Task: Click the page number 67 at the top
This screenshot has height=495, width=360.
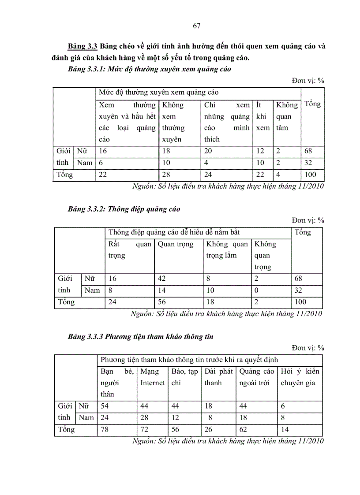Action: click(197, 26)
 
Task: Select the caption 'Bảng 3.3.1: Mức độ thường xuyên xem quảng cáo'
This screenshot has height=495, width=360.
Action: click(150, 70)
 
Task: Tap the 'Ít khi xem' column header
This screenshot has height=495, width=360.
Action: click(262, 116)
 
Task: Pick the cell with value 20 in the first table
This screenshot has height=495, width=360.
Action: click(209, 151)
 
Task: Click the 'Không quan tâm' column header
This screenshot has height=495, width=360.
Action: click(287, 116)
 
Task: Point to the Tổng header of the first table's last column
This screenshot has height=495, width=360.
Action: click(312, 104)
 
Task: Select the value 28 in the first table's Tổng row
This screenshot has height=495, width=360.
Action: click(166, 174)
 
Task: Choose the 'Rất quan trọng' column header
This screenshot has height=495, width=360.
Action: click(130, 249)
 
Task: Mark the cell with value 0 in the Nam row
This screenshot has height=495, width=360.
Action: click(256, 290)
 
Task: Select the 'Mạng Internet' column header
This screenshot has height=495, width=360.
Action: click(152, 377)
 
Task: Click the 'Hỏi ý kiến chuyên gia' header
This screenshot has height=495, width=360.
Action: click(300, 377)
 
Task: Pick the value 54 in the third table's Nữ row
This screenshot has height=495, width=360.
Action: click(105, 406)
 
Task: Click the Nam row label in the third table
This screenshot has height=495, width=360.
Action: click(86, 417)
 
